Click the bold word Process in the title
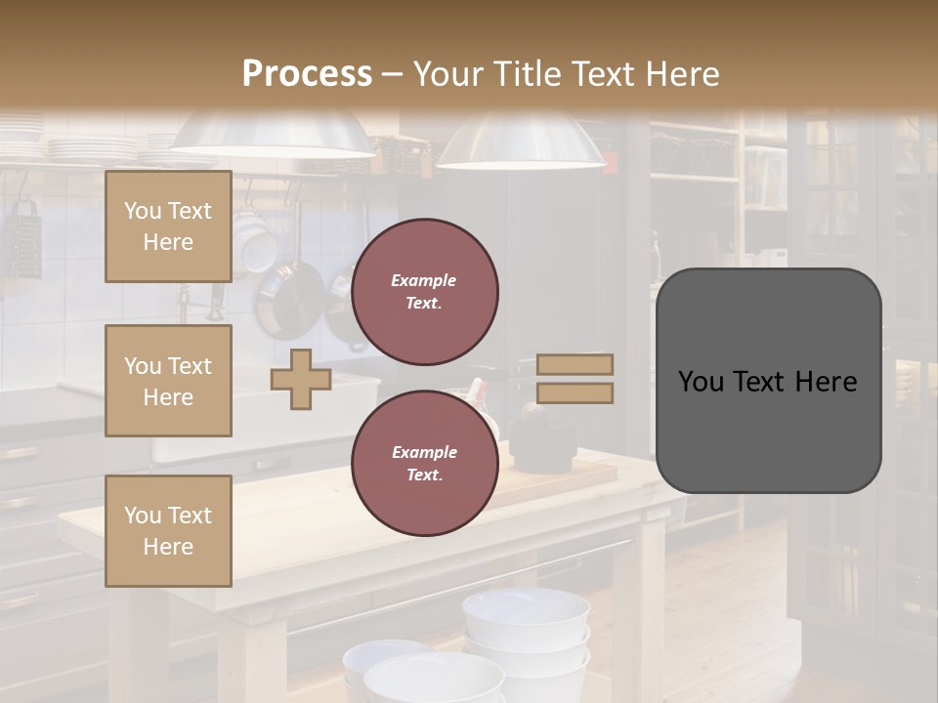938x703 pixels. pyautogui.click(x=307, y=74)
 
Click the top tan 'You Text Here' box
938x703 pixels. pyautogui.click(x=168, y=227)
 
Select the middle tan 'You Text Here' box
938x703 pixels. pyautogui.click(x=168, y=381)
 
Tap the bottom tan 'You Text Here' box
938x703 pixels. pyautogui.click(x=168, y=531)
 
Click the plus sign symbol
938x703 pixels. pyautogui.click(x=301, y=379)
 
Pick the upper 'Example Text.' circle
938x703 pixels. pyautogui.click(x=424, y=291)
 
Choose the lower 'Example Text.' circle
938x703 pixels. pyautogui.click(x=424, y=463)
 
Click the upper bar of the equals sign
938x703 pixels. pyautogui.click(x=576, y=364)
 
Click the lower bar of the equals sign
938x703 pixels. pyautogui.click(x=576, y=393)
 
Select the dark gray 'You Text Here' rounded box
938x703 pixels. pyautogui.click(x=768, y=381)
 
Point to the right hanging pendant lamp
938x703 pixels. pyautogui.click(x=520, y=142)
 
